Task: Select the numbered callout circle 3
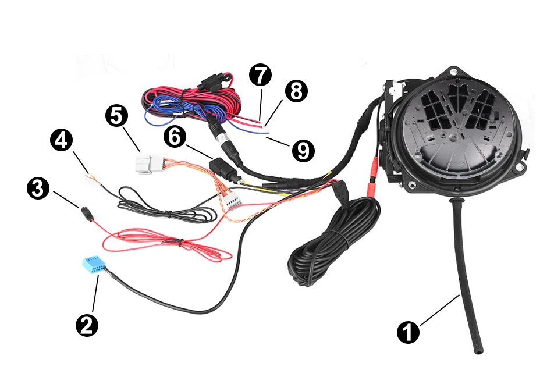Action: click(x=38, y=190)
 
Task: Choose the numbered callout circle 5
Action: click(x=117, y=115)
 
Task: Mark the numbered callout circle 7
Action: click(x=260, y=75)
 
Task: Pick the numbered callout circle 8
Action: click(x=295, y=91)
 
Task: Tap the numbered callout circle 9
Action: click(x=302, y=150)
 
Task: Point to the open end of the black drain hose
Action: click(x=478, y=350)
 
